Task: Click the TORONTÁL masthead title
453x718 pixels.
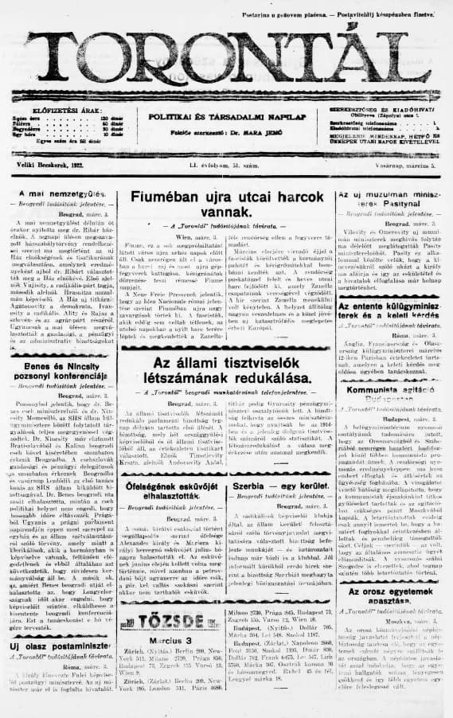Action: coord(226,57)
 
